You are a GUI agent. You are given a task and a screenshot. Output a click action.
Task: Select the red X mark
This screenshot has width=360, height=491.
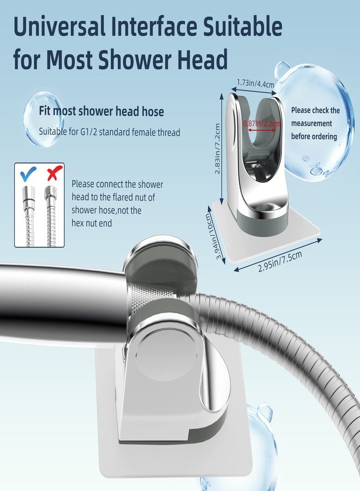point(52,174)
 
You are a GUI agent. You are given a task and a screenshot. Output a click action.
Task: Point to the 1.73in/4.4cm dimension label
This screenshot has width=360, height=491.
point(255,83)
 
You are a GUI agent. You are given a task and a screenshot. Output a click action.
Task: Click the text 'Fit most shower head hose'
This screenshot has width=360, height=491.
point(101,111)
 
